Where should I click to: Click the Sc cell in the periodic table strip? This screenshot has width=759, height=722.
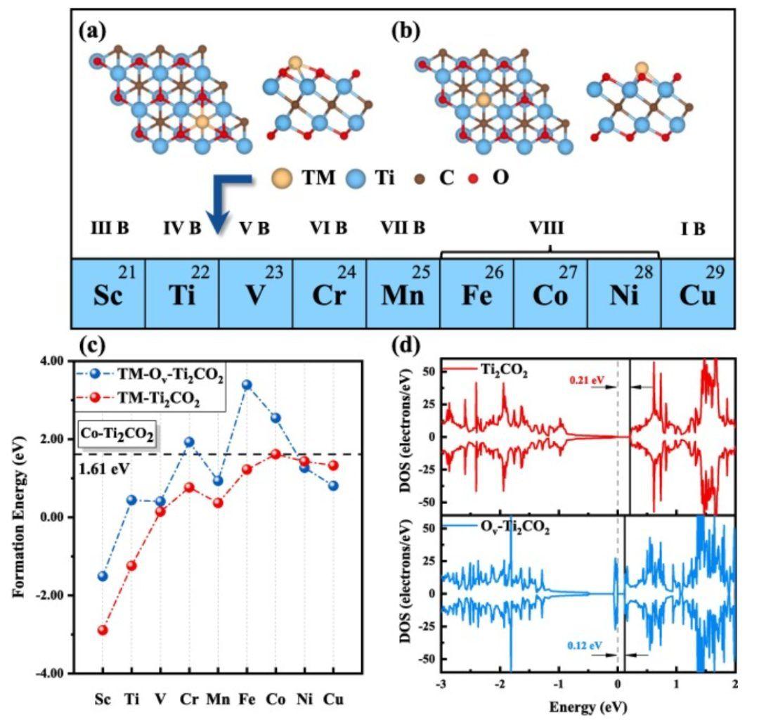pos(108,294)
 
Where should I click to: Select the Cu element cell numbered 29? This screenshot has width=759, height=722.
pos(697,294)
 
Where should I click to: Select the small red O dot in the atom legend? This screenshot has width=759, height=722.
pos(478,179)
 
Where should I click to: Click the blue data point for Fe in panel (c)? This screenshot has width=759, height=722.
pos(247,385)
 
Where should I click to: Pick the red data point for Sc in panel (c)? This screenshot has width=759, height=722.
pos(103,630)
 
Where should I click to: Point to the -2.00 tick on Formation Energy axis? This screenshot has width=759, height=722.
pos(53,595)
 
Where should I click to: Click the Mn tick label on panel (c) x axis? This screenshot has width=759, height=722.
pos(218,701)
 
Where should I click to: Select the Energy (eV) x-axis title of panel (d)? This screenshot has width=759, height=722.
pos(589,704)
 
